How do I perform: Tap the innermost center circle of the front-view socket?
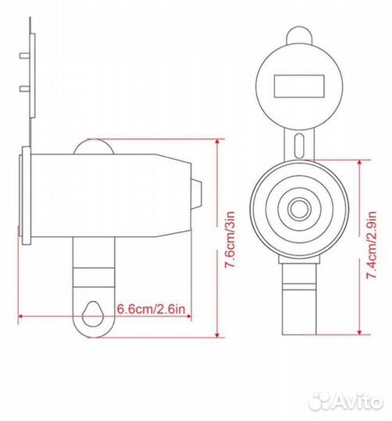click(298, 209)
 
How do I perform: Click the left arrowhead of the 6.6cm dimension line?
click(19, 317)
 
